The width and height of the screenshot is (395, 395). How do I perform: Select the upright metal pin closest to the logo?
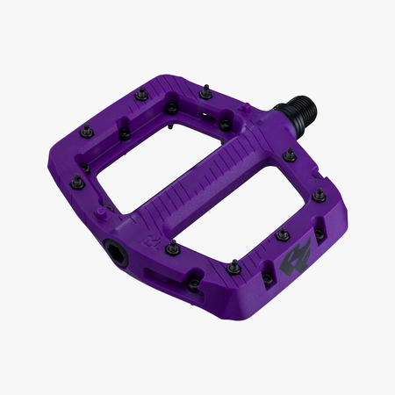pos(282,234)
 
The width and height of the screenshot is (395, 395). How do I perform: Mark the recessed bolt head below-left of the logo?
pos(267,279)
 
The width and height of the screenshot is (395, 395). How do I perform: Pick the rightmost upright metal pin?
pos(319,195)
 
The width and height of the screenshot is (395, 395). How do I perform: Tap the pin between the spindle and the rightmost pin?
pos(288,157)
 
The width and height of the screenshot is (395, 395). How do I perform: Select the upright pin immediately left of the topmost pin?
pos(141,93)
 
